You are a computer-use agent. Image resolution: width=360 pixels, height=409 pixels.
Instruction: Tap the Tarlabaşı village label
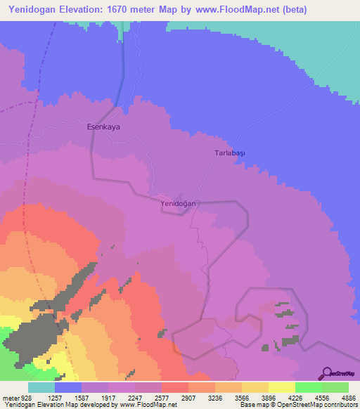[x=232, y=152]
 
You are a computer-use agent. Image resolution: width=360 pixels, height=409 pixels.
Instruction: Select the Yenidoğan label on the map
[x=178, y=203]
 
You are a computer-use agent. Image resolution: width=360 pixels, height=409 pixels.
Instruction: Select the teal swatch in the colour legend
[x=41, y=387]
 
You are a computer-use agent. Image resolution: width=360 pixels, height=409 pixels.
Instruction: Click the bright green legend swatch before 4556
[x=308, y=387]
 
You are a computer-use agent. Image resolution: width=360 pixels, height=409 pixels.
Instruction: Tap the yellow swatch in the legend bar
[x=281, y=387]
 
